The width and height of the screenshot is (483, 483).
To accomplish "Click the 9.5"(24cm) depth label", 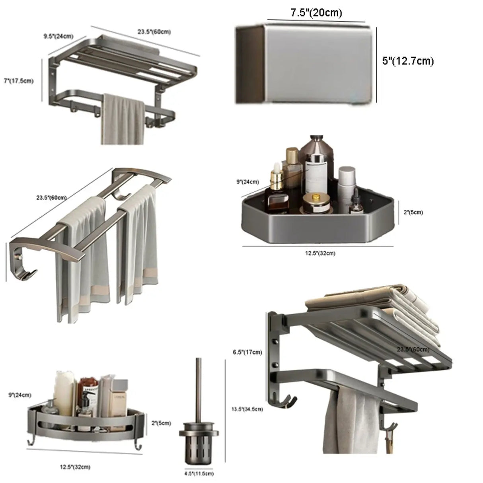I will (58, 36).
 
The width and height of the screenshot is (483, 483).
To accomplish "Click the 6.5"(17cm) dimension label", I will (247, 352).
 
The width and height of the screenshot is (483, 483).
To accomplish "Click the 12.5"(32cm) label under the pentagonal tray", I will (320, 253).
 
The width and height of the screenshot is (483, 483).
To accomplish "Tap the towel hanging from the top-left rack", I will (121, 119).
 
